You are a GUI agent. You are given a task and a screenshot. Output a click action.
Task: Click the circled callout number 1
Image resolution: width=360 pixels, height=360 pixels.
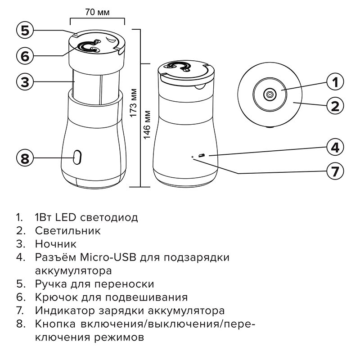click(x=335, y=82)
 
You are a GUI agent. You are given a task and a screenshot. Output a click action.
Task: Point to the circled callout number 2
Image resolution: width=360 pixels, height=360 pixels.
click(x=335, y=107)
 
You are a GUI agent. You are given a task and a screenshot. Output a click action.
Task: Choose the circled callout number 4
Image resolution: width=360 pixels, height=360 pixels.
click(x=335, y=147)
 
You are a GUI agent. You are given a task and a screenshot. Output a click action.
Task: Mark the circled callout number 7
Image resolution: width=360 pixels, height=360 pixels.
click(x=335, y=171)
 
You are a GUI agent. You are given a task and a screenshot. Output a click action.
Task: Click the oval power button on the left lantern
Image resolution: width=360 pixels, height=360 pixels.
click(x=77, y=157)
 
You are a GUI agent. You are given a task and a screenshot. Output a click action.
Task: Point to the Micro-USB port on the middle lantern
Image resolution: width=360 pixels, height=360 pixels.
click(x=201, y=155)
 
